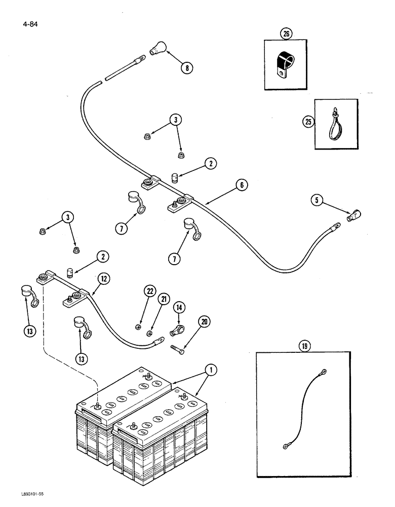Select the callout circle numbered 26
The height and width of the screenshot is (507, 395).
tap(287, 35)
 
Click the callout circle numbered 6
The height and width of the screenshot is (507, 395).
tap(242, 186)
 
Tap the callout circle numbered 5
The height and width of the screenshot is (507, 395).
tap(318, 201)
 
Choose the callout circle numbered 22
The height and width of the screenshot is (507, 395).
tap(149, 291)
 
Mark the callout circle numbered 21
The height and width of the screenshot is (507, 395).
tap(164, 299)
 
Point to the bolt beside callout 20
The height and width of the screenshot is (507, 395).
tap(179, 349)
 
